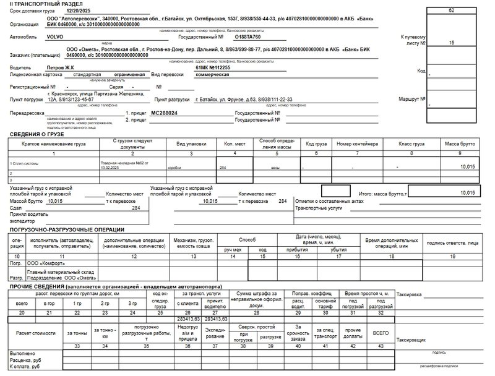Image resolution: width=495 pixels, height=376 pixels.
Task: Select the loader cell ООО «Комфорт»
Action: [x=46, y=263]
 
